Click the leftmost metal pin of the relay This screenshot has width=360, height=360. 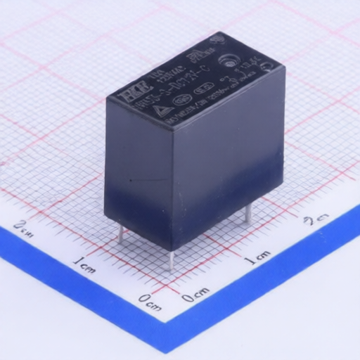(x=120, y=234)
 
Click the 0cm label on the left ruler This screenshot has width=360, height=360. (x=150, y=300)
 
